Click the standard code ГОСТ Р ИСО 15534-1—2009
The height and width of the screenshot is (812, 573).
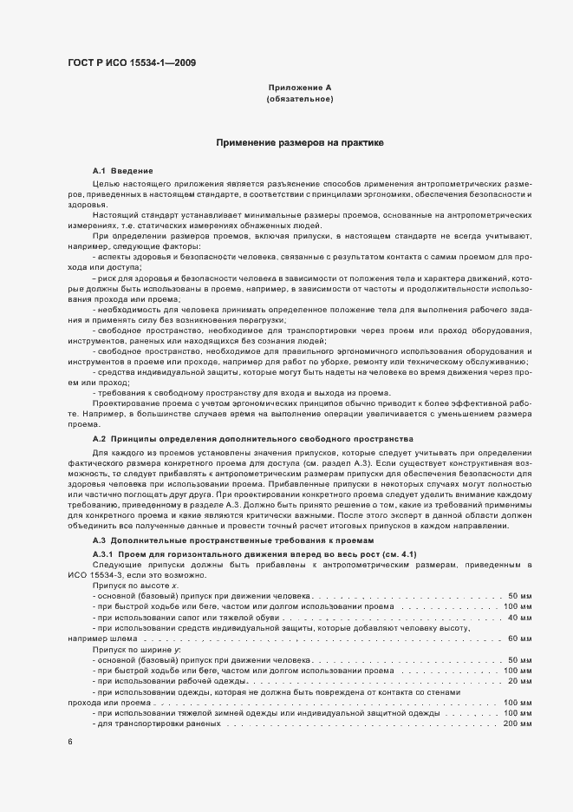pyautogui.click(x=124, y=64)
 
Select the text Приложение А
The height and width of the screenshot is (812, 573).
pyautogui.click(x=299, y=88)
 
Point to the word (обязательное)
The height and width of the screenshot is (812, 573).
pyautogui.click(x=299, y=99)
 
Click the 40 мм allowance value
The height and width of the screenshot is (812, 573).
pyautogui.click(x=518, y=618)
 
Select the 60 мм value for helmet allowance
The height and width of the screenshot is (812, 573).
pyautogui.click(x=518, y=638)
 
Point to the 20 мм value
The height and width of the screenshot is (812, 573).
pyautogui.click(x=518, y=681)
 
